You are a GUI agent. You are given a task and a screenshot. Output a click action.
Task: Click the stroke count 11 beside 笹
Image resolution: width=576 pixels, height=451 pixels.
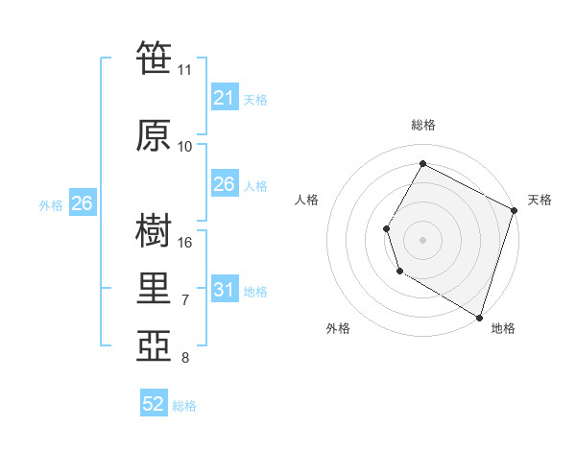click(184, 70)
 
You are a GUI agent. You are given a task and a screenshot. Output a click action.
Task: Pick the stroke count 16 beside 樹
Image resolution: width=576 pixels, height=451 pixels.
click(185, 243)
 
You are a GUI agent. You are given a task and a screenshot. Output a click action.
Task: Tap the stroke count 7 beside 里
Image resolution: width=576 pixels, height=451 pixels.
click(185, 301)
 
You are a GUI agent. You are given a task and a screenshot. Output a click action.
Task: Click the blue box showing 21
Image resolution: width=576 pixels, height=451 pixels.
click(224, 98)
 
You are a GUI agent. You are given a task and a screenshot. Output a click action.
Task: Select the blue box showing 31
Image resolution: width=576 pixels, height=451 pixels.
click(224, 290)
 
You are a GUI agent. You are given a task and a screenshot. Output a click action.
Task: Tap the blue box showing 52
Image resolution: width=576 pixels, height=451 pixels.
click(154, 404)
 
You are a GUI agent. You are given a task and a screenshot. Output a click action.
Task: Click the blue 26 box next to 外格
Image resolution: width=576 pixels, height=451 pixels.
click(82, 203)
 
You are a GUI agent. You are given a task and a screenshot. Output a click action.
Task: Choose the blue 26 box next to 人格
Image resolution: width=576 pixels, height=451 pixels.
click(224, 184)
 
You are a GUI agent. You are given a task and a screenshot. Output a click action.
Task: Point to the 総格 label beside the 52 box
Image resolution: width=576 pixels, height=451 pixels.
click(185, 406)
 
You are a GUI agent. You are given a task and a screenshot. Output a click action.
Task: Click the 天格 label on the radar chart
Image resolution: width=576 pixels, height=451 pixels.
click(540, 200)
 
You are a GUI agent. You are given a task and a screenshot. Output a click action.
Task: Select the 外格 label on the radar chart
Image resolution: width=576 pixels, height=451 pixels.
click(338, 328)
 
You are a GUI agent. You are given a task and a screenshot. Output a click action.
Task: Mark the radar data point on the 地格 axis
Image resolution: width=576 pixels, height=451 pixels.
click(479, 316)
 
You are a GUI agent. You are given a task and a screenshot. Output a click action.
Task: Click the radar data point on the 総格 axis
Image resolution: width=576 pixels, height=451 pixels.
click(422, 163)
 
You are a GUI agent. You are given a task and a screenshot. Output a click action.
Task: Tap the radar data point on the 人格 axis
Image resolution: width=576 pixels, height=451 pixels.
click(386, 228)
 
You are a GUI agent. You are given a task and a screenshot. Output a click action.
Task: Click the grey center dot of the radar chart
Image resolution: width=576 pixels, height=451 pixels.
click(422, 239)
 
